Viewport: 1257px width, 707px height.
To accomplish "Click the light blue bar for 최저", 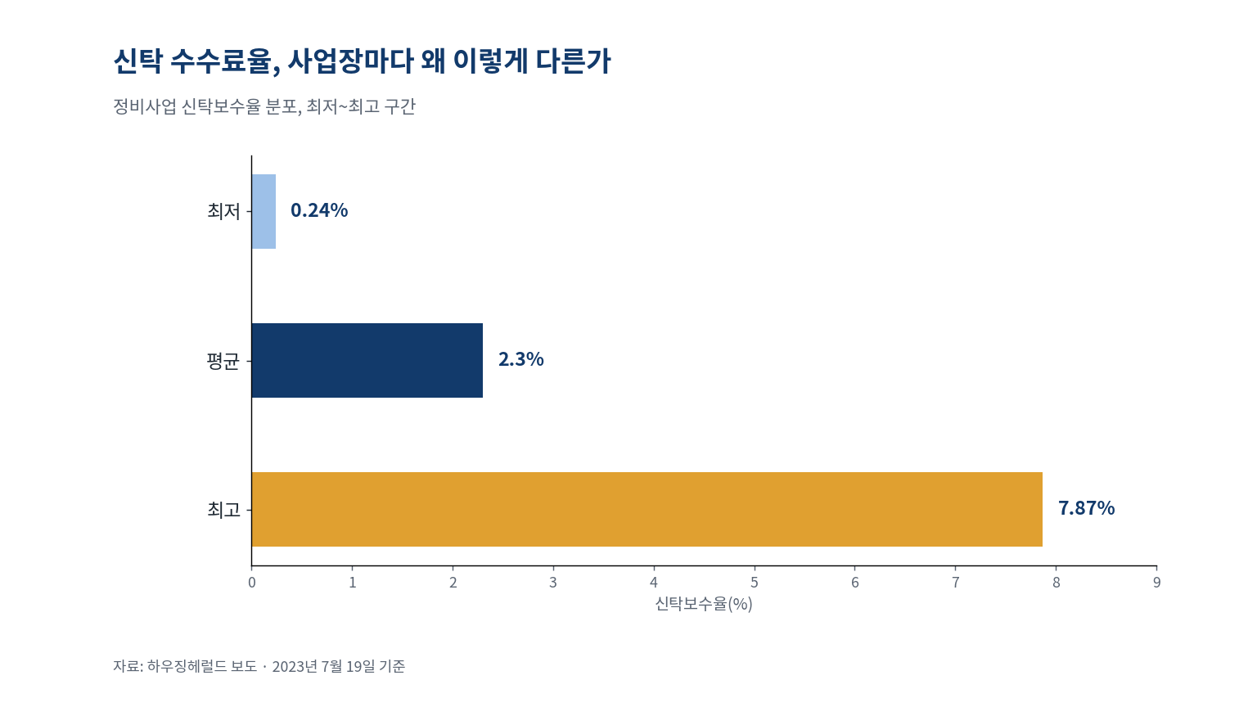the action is click(x=264, y=212).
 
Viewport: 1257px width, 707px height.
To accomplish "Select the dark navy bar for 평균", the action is click(x=367, y=360).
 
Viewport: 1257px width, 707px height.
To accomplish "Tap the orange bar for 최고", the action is click(x=647, y=510).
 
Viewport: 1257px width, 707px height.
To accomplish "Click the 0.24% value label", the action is click(x=319, y=210).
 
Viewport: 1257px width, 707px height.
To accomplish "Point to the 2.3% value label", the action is click(x=520, y=359).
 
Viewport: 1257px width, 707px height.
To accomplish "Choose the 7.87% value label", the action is click(x=1087, y=508).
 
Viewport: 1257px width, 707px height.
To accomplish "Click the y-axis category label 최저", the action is click(x=223, y=212).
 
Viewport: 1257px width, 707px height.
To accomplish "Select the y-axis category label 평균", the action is click(x=223, y=361).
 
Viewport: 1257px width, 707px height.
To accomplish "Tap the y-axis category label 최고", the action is click(x=223, y=510).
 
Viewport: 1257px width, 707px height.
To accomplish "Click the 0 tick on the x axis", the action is click(x=252, y=583).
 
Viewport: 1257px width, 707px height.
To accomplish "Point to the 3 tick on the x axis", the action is click(x=553, y=583).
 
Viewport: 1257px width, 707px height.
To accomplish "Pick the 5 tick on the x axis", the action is click(x=755, y=583).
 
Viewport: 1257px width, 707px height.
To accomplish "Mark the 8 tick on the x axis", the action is click(x=1057, y=583).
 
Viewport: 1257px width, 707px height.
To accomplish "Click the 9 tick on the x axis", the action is click(x=1156, y=583).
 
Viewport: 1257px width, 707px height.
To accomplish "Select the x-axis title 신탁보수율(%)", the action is click(x=704, y=604).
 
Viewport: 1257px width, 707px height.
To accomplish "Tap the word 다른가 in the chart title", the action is click(x=573, y=61).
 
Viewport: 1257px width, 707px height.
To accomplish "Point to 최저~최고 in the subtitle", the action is click(x=344, y=106).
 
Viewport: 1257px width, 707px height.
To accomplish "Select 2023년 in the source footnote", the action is click(x=295, y=666).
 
